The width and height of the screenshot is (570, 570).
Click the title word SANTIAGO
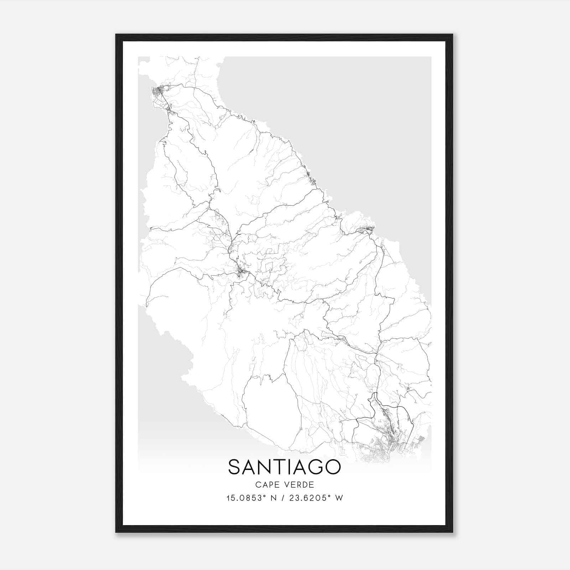tap(284, 467)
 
